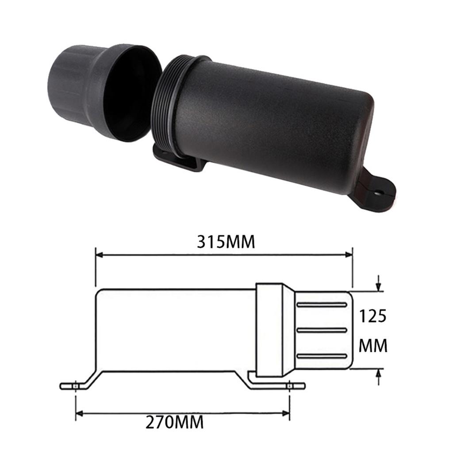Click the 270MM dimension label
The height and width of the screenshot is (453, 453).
pyautogui.click(x=175, y=422)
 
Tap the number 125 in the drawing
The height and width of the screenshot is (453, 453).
pyautogui.click(x=372, y=316)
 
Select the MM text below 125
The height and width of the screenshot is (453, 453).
pyautogui.click(x=372, y=346)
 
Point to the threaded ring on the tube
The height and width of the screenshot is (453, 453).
pyautogui.click(x=166, y=108)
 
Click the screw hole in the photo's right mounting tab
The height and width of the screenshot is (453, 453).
pyautogui.click(x=379, y=193)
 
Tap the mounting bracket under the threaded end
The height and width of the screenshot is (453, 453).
pyautogui.click(x=177, y=161)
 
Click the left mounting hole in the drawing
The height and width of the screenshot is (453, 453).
pyautogui.click(x=76, y=386)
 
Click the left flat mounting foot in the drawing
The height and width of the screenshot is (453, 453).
pyautogui.click(x=73, y=386)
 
